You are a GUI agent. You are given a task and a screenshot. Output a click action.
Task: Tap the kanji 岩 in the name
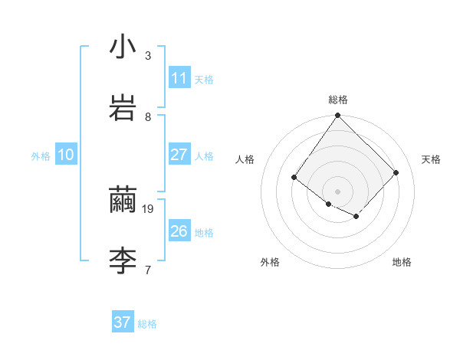(123, 107)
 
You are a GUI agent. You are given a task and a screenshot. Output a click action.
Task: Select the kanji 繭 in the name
(123, 201)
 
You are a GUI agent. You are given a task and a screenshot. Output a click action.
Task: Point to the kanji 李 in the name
(123, 260)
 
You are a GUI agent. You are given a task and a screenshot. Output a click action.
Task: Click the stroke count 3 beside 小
(148, 55)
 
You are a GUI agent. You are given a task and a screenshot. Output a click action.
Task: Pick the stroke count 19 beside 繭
(149, 208)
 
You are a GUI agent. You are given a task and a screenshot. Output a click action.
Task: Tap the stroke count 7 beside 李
(148, 270)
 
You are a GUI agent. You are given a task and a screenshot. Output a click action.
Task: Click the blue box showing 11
(179, 78)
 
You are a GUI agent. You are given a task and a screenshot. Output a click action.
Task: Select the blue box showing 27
(179, 155)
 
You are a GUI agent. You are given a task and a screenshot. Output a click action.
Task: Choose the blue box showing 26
(179, 231)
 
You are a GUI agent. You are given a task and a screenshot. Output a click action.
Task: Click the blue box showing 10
(65, 155)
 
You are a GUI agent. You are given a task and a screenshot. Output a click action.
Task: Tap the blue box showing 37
(122, 322)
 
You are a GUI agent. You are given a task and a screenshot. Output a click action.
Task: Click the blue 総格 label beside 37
(147, 324)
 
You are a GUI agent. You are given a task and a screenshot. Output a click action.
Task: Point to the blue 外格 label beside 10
(41, 156)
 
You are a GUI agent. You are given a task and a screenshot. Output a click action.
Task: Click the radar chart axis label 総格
(338, 100)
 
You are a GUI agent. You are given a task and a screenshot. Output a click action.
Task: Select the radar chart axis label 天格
(431, 159)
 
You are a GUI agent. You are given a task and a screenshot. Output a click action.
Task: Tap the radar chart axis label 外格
(270, 262)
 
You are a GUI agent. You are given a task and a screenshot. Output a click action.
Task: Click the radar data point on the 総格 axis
(337, 116)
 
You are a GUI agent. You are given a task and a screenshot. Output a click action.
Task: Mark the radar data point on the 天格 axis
(396, 172)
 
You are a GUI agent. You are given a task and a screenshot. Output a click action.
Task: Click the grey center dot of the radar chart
(337, 191)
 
